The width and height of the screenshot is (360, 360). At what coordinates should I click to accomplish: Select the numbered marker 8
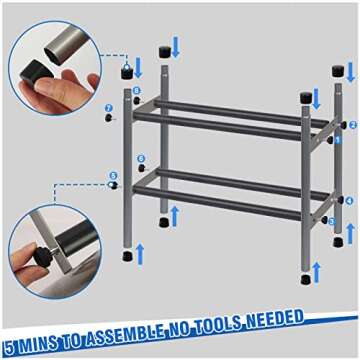pyautogui.click(x=137, y=91)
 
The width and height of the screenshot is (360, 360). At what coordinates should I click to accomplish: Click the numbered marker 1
pyautogui.click(x=336, y=139)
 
